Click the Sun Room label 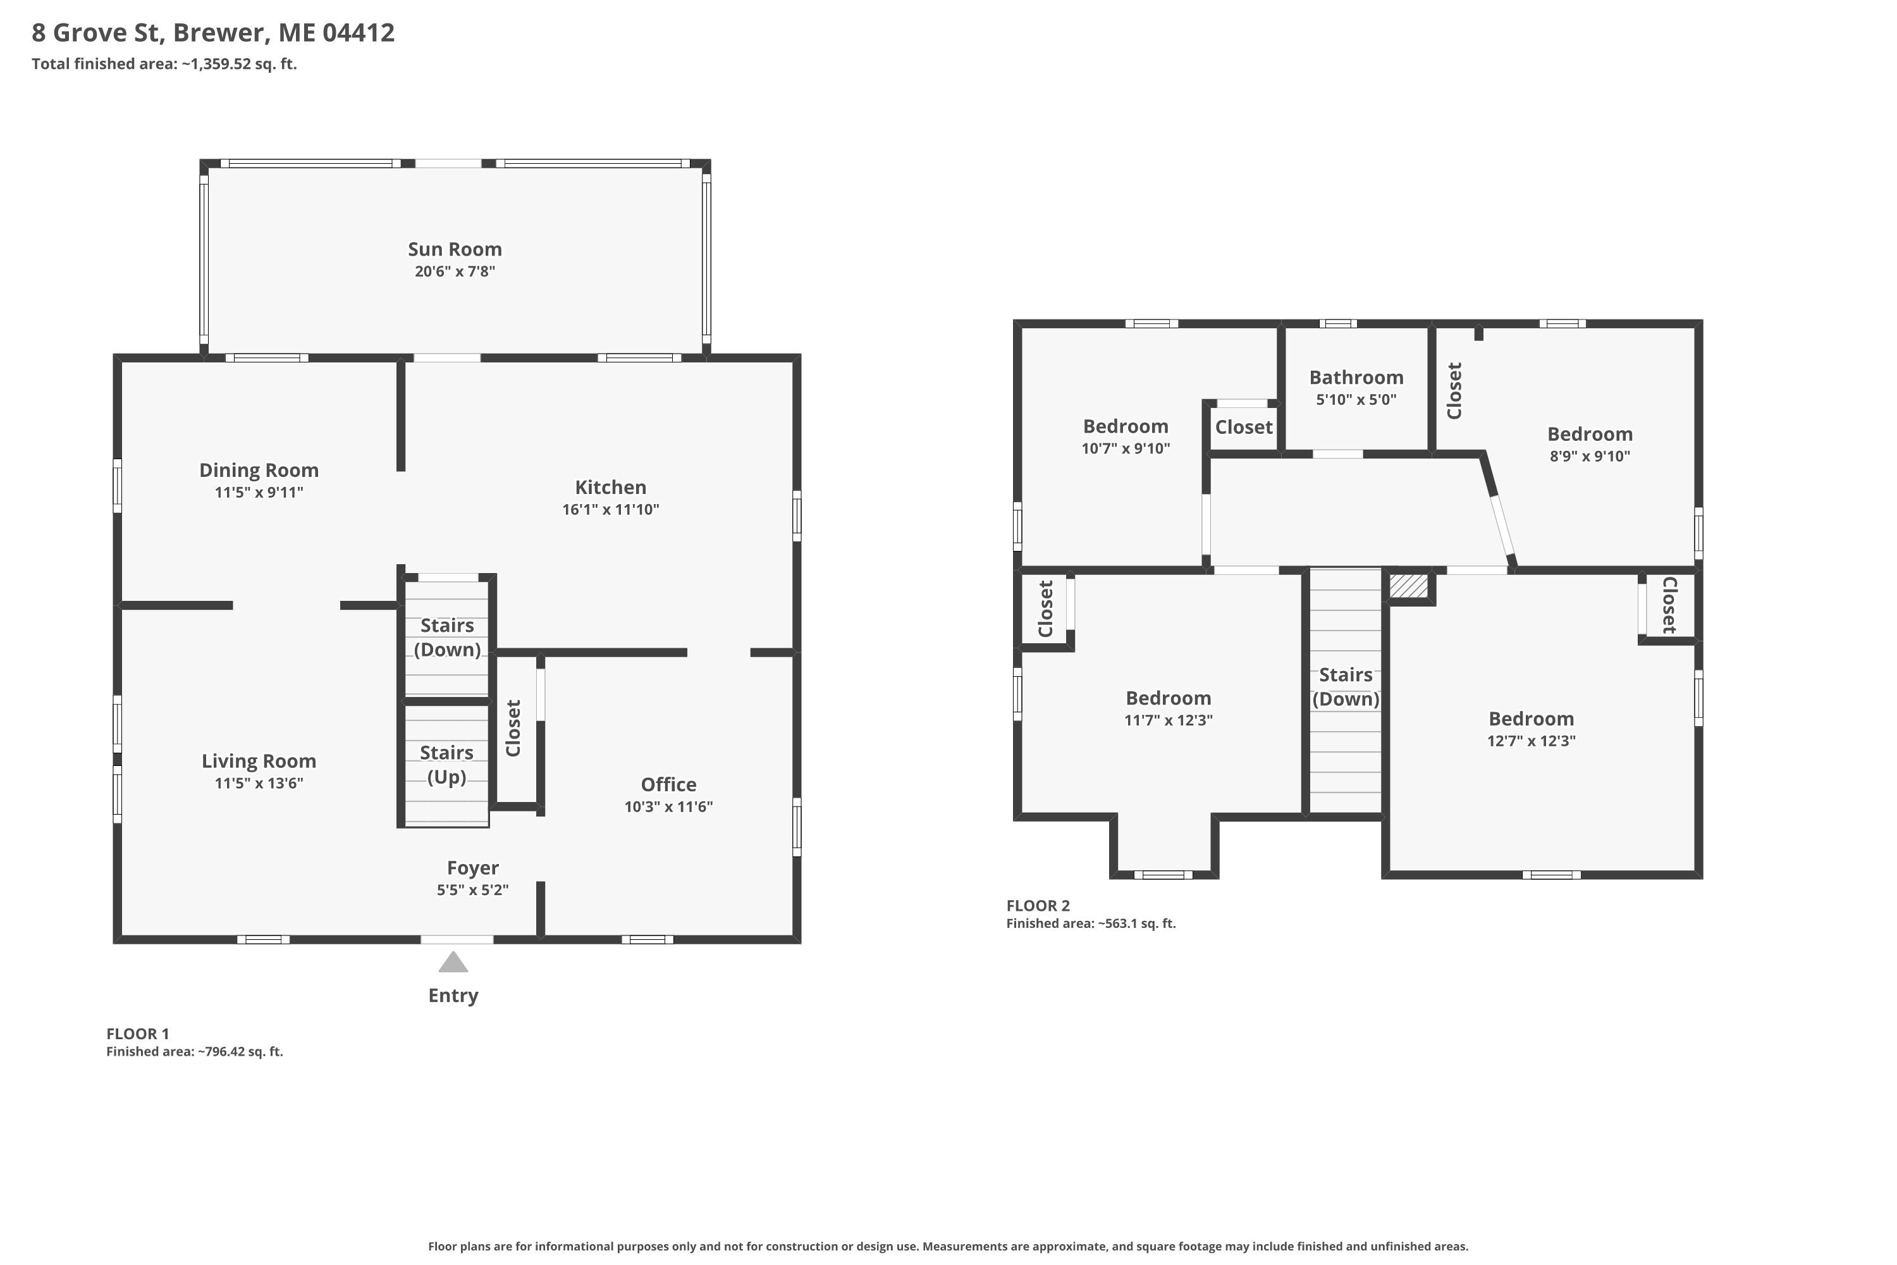tap(455, 249)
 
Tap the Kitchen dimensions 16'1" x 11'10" tap(611, 509)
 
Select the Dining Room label tap(259, 471)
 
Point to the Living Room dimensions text tap(259, 782)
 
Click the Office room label tap(668, 784)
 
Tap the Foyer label tap(472, 868)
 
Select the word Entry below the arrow tap(453, 996)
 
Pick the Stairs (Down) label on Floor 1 tap(447, 638)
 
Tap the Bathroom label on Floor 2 tap(1356, 378)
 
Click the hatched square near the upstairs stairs tap(1408, 586)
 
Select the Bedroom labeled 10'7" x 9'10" tap(1126, 427)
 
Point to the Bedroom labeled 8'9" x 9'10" tap(1590, 434)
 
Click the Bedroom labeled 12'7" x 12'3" tap(1532, 719)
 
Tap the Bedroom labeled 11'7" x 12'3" tap(1169, 699)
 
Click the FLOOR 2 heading tap(1038, 906)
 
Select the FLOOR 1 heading tap(138, 1034)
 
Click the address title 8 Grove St tap(213, 33)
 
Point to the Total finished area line tap(164, 65)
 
